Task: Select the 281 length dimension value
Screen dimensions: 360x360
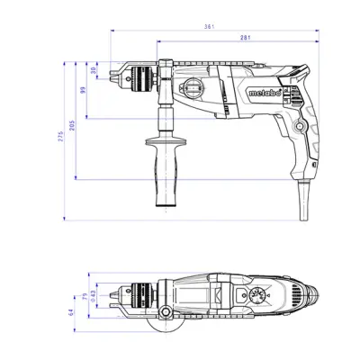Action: click(238, 40)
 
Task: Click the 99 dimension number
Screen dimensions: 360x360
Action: click(84, 90)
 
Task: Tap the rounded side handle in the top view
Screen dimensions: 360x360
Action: click(166, 312)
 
